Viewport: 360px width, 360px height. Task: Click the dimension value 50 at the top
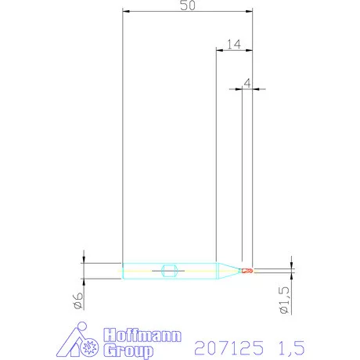click(188, 5)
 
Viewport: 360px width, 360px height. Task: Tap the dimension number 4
click(247, 81)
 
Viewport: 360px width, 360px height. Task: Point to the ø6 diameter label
click(79, 301)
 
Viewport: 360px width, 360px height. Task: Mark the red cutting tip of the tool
click(248, 271)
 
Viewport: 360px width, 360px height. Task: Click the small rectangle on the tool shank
click(167, 271)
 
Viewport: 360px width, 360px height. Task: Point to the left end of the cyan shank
click(124, 271)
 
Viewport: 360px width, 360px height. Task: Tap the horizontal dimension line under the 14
click(234, 51)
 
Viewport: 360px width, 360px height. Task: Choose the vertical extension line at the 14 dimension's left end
click(215, 157)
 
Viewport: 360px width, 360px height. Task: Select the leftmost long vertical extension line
click(123, 141)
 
